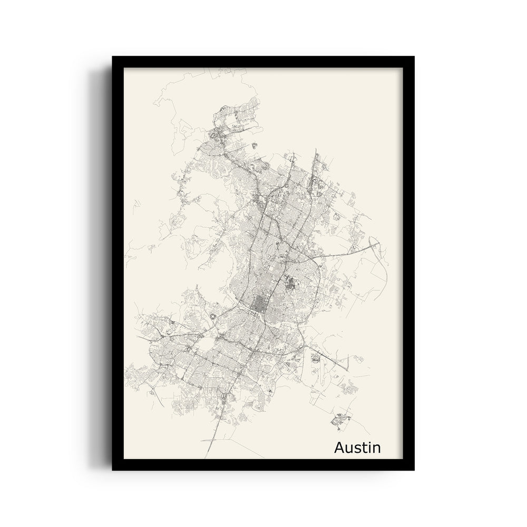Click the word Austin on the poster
click(x=357, y=448)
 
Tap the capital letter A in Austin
click(x=340, y=448)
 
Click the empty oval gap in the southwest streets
click(x=207, y=345)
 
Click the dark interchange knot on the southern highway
click(x=226, y=396)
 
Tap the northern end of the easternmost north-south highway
click(x=316, y=150)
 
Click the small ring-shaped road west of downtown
click(x=214, y=315)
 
